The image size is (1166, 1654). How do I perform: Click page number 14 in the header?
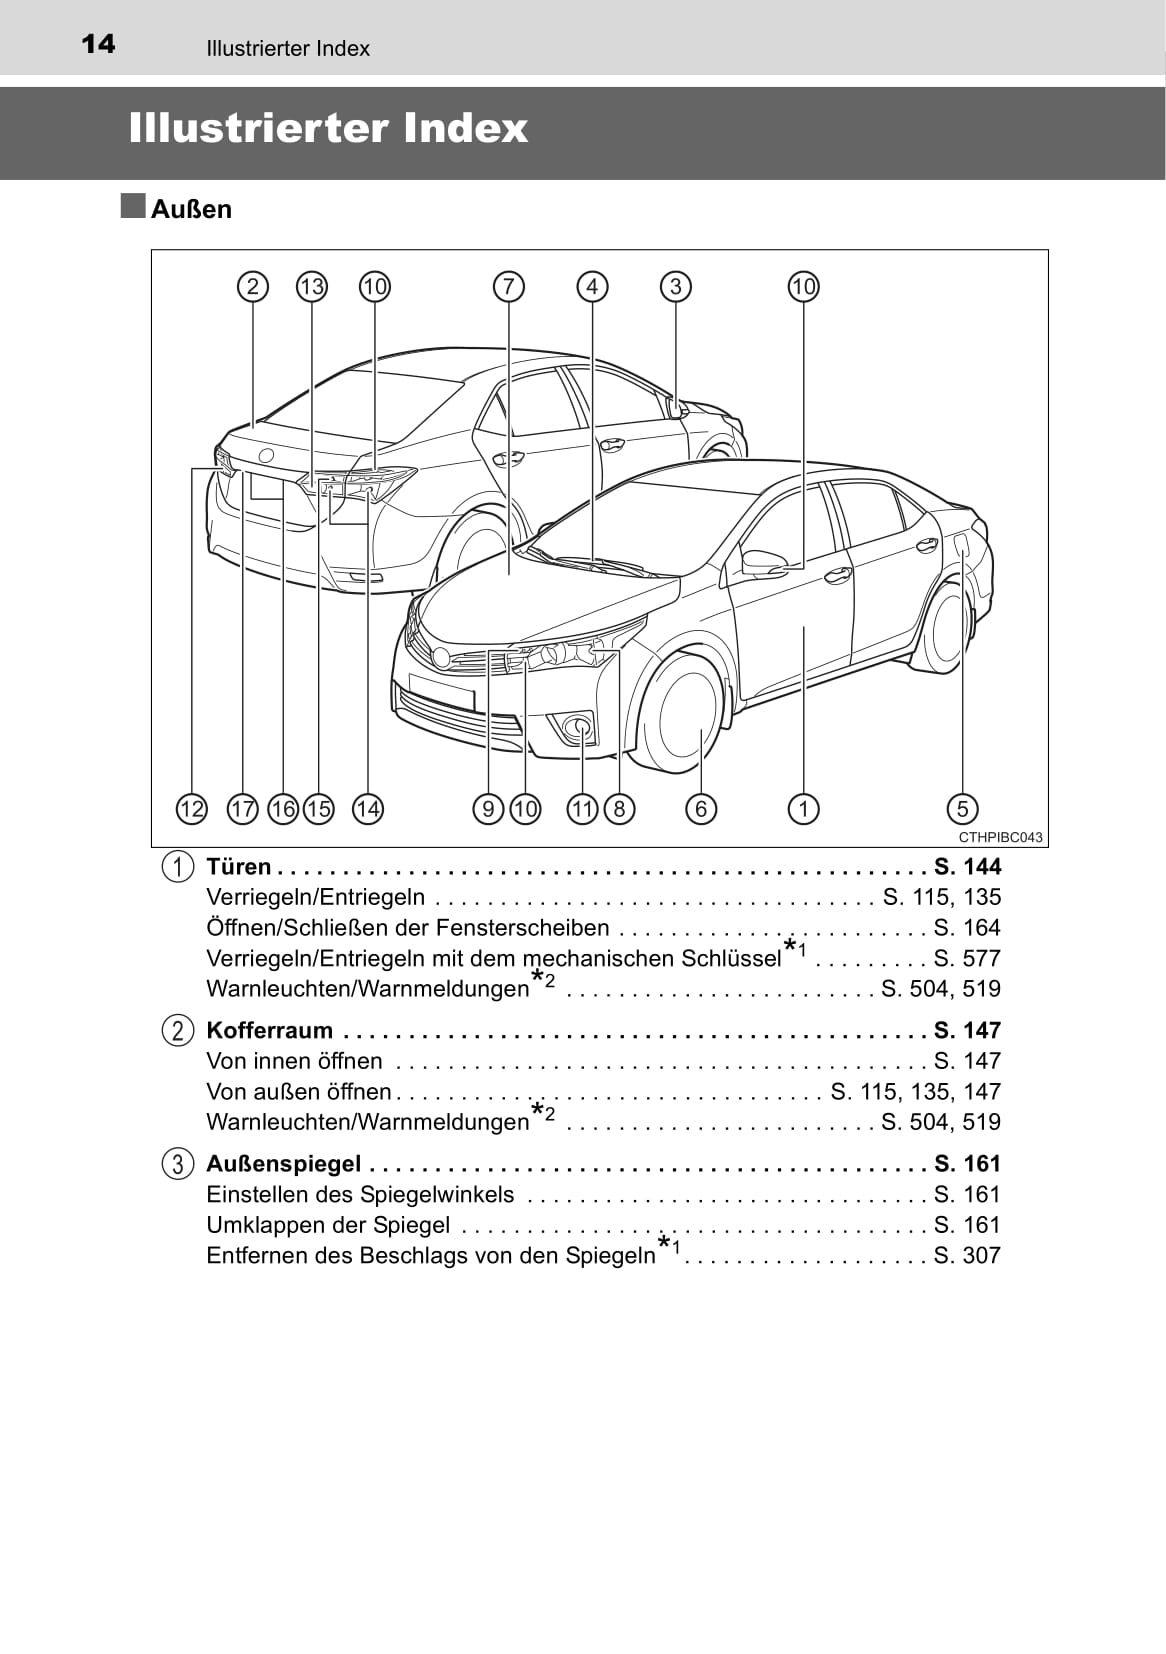point(97,44)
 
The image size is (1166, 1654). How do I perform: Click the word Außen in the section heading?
point(191,209)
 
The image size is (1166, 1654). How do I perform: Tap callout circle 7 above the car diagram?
point(508,287)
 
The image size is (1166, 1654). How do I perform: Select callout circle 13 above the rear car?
point(312,287)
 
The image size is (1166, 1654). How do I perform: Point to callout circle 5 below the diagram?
point(962,808)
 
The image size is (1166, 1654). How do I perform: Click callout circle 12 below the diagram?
point(191,808)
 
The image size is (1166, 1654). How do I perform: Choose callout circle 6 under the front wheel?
point(701,808)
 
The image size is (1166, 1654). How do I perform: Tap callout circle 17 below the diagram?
point(243,808)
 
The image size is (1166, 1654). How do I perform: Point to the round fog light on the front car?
point(578,726)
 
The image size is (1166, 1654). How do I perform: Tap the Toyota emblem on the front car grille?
point(441,657)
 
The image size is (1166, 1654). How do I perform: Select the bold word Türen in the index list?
point(239,866)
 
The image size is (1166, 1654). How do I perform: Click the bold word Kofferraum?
point(269,1030)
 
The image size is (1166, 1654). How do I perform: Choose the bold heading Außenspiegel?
point(283,1163)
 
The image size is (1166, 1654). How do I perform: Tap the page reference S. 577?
point(967,958)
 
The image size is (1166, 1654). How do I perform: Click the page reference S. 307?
point(967,1255)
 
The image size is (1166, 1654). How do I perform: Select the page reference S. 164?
point(967,927)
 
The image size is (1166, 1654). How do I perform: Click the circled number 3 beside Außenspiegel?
point(177,1164)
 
